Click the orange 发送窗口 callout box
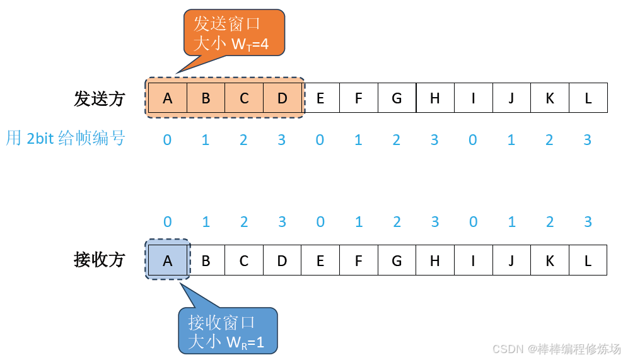[234, 33]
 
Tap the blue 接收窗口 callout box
[228, 332]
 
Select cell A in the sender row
[167, 98]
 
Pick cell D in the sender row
[282, 98]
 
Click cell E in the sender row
[320, 98]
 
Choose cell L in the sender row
[588, 98]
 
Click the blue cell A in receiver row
[167, 260]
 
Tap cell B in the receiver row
[206, 260]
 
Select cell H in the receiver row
[435, 260]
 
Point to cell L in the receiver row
[588, 260]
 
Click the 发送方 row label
[100, 99]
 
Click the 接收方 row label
[100, 260]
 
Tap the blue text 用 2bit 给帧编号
[66, 138]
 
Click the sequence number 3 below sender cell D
[282, 140]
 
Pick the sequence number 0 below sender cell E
[320, 140]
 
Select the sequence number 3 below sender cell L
[588, 140]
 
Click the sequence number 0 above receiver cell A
[167, 222]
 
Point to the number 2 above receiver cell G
[397, 222]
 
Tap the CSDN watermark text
[556, 349]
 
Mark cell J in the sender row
[511, 98]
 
